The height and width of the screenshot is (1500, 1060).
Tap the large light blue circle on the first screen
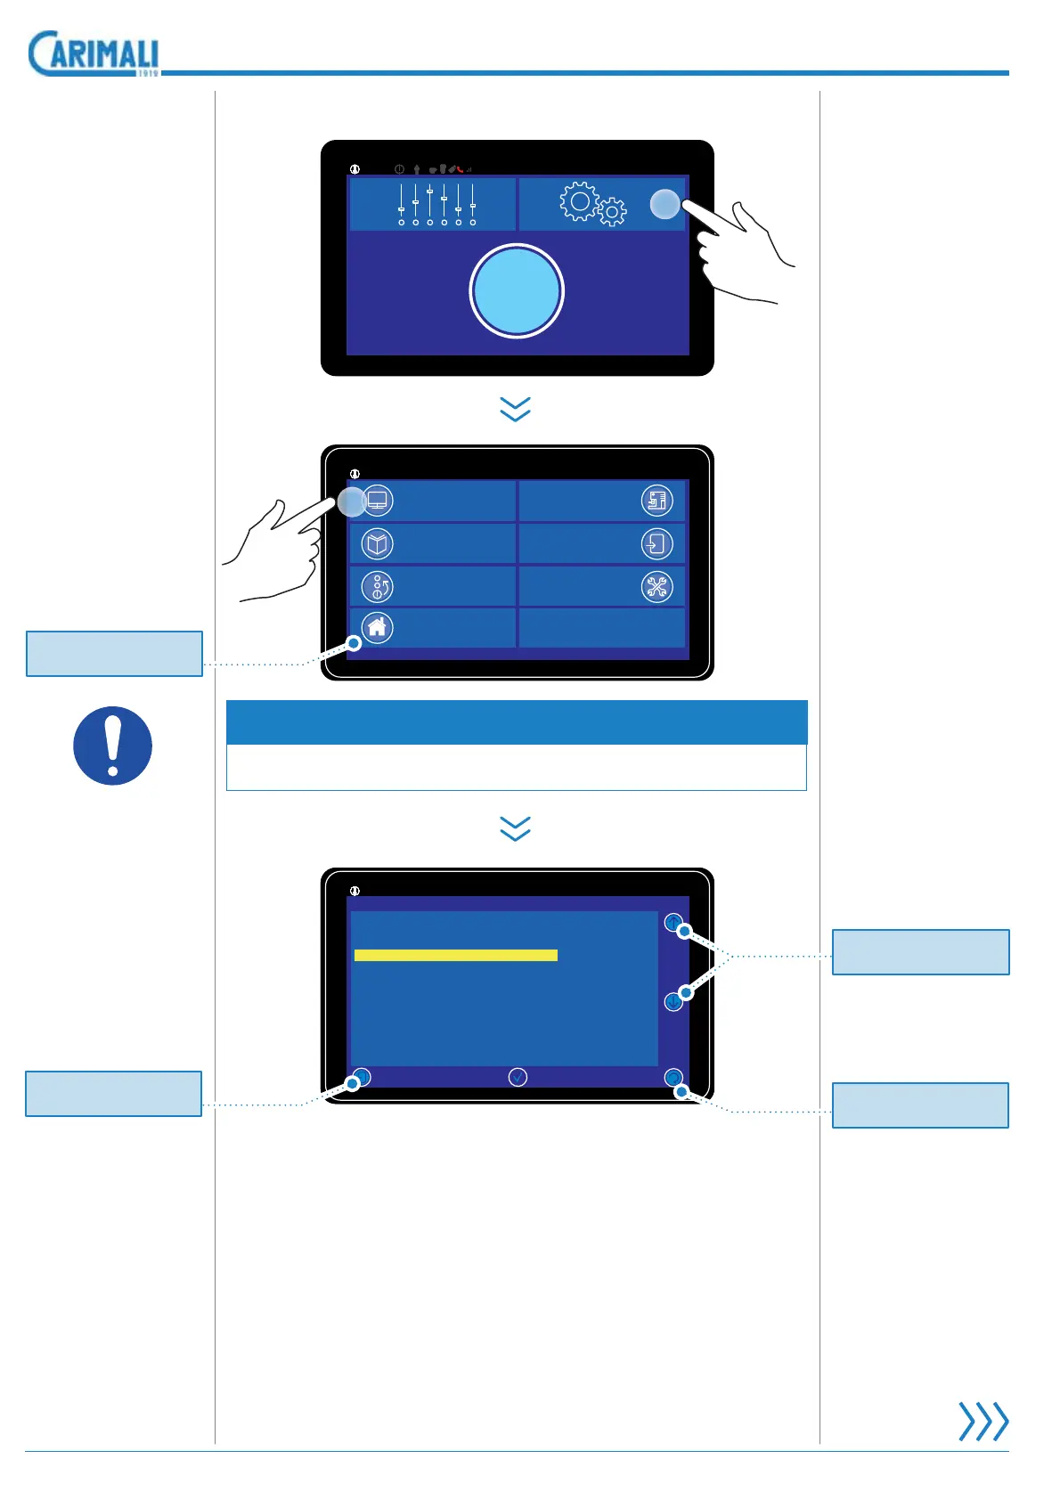pyautogui.click(x=517, y=291)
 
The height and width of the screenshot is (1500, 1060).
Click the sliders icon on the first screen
pyautogui.click(x=436, y=204)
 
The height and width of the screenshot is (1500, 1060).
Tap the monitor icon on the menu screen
pyautogui.click(x=378, y=501)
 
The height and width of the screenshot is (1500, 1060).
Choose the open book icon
pyautogui.click(x=378, y=543)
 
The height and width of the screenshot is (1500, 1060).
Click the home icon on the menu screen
pyautogui.click(x=378, y=627)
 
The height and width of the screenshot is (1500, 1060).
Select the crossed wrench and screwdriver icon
pyautogui.click(x=657, y=586)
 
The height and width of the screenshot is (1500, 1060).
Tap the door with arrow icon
pyautogui.click(x=657, y=543)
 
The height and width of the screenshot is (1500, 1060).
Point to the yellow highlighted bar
pyautogui.click(x=456, y=955)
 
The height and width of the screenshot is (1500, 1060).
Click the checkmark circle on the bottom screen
pyautogui.click(x=518, y=1078)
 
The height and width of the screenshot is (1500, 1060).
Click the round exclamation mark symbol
pyautogui.click(x=112, y=746)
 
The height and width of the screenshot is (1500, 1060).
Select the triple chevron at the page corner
pyautogui.click(x=983, y=1421)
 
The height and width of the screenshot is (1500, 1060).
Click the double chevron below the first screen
pyautogui.click(x=516, y=409)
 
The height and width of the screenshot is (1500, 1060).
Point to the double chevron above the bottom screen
pyautogui.click(x=516, y=828)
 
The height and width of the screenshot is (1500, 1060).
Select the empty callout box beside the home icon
pyautogui.click(x=115, y=654)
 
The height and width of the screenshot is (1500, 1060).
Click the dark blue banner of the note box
pyautogui.click(x=517, y=722)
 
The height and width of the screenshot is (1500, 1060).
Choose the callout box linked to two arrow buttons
pyautogui.click(x=920, y=952)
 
